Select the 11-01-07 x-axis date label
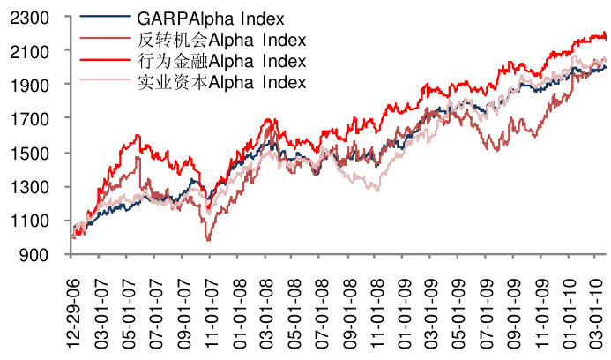click(211, 311)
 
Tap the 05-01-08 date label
click(294, 311)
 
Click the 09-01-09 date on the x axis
click(514, 311)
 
